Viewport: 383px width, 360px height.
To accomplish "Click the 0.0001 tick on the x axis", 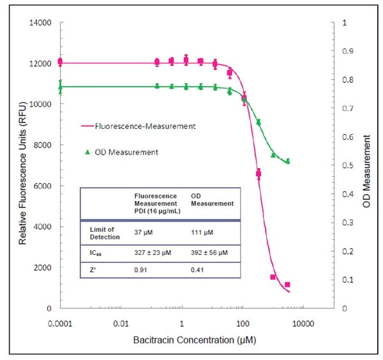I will pyautogui.click(x=60, y=324).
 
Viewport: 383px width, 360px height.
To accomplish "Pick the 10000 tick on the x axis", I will pyautogui.click(x=303, y=324).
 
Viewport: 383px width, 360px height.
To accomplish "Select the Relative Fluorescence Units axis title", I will pyautogui.click(x=23, y=166).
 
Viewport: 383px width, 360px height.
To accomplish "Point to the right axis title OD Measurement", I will pyautogui.click(x=367, y=165).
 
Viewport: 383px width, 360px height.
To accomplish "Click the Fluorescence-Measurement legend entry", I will pyautogui.click(x=144, y=126).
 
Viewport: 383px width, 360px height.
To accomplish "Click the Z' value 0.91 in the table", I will pyautogui.click(x=142, y=270).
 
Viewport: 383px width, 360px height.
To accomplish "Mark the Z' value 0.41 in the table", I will pyautogui.click(x=200, y=270).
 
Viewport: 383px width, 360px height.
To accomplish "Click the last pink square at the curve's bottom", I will pyautogui.click(x=287, y=285).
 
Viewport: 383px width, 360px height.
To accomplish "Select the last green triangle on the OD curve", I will pyautogui.click(x=287, y=161).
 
